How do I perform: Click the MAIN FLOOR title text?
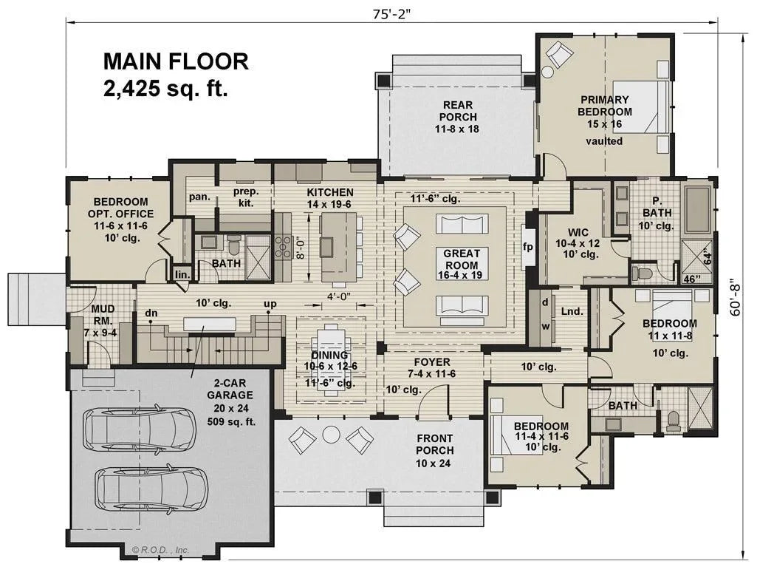[176, 61]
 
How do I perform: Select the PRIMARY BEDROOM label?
[604, 106]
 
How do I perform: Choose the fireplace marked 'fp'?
[527, 246]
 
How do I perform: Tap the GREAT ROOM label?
[461, 259]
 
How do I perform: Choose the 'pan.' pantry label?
[199, 197]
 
